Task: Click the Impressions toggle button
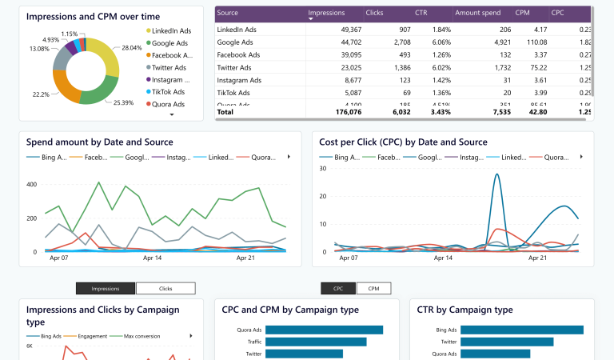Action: click(x=106, y=288)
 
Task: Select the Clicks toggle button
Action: click(x=165, y=288)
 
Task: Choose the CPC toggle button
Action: click(x=338, y=288)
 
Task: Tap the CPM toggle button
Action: click(x=373, y=288)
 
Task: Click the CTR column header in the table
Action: click(x=421, y=14)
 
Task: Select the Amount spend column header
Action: click(x=477, y=14)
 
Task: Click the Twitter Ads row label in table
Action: click(x=235, y=68)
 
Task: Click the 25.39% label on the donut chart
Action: click(x=123, y=102)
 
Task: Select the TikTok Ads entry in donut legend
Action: click(x=168, y=92)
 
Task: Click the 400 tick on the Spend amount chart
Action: click(x=31, y=185)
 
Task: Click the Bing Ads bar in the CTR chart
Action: click(x=522, y=330)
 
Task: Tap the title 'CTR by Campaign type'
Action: click(x=465, y=310)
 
